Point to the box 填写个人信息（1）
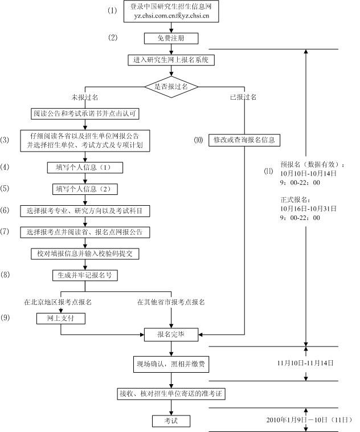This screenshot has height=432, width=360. tap(85, 168)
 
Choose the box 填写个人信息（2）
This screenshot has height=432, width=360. tap(85, 189)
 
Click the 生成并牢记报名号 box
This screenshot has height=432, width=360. tap(85, 275)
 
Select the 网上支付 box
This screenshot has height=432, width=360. tap(60, 319)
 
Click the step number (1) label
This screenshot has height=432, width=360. tap(113, 10)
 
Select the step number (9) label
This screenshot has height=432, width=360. tap(5, 317)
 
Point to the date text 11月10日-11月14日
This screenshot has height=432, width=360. tap(305, 362)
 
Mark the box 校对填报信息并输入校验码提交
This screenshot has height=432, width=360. tap(85, 253)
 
